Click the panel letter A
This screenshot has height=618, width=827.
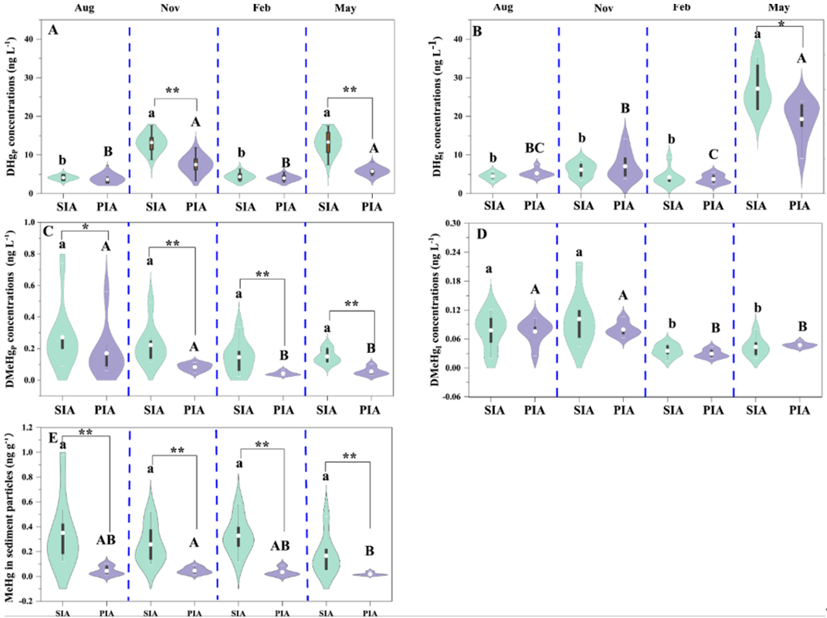[x=53, y=30]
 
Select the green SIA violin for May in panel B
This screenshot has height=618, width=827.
[x=758, y=89]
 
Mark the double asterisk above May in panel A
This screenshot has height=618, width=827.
[x=350, y=90]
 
